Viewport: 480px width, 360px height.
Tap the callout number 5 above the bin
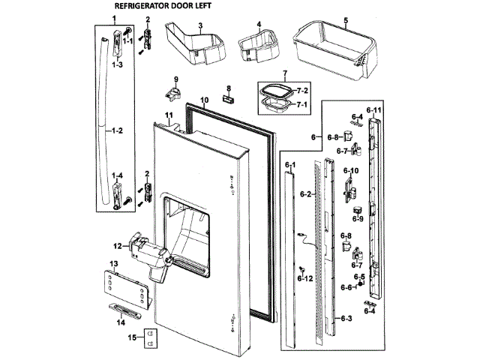coord(346,19)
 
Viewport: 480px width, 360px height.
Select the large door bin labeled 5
coord(334,49)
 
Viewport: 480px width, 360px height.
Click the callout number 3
coord(201,25)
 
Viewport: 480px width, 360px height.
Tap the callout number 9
coord(176,79)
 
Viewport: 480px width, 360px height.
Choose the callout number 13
coord(114,264)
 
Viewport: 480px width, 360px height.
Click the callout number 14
coord(120,322)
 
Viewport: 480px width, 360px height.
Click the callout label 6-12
coord(305,278)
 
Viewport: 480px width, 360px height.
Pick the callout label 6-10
coord(351,171)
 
